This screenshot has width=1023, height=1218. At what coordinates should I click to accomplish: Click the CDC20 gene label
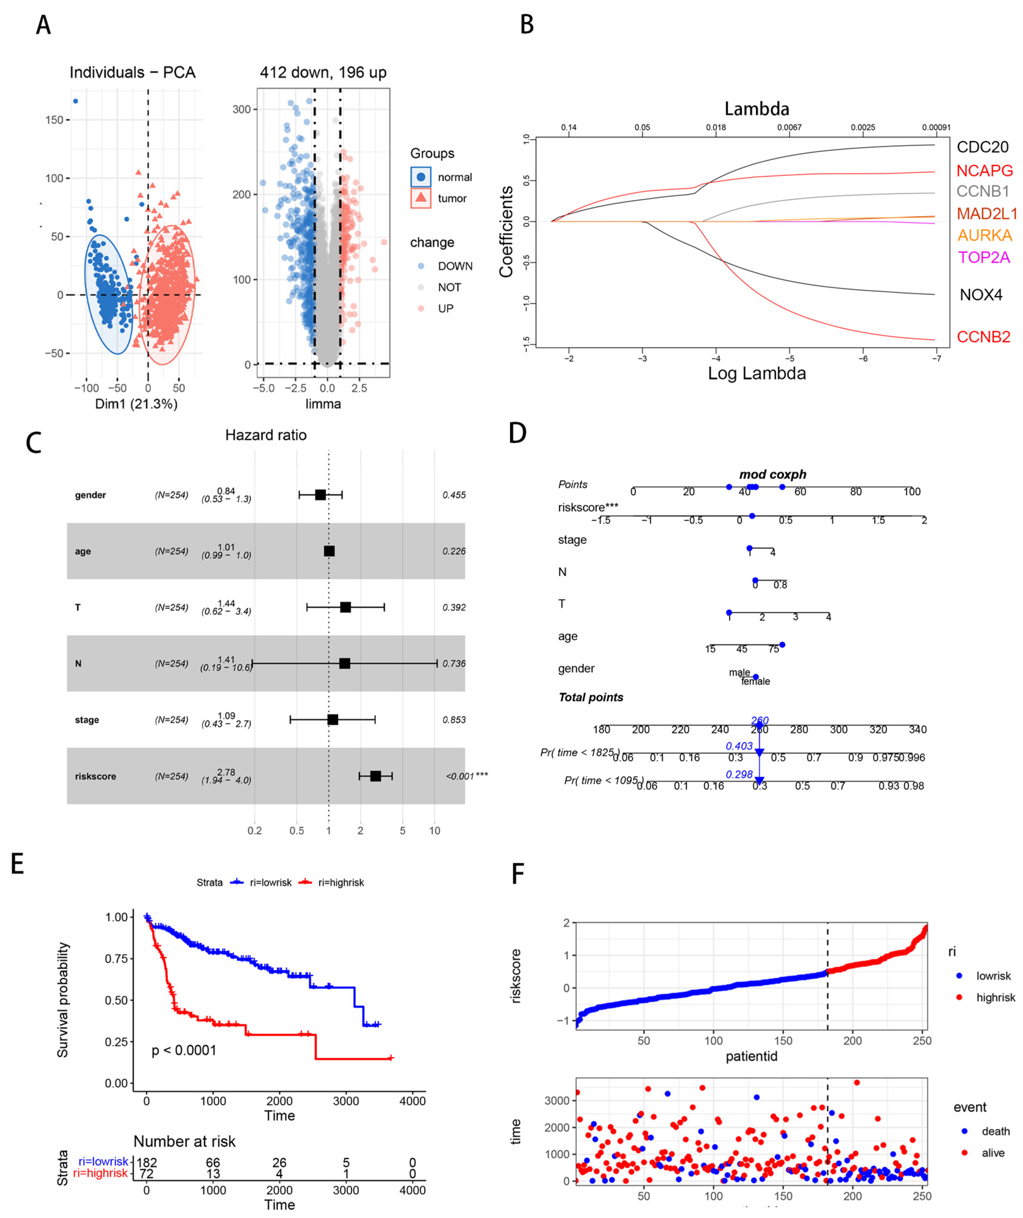tap(982, 147)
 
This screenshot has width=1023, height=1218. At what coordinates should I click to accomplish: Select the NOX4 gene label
tap(981, 295)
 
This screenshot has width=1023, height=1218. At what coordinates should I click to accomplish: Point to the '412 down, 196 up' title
tap(323, 73)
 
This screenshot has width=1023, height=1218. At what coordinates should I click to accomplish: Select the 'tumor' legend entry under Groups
tap(452, 198)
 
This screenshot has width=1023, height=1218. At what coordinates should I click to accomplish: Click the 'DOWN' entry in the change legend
tap(455, 266)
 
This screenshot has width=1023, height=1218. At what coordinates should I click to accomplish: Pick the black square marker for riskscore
tap(376, 776)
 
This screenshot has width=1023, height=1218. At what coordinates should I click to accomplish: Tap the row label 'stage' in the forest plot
tap(87, 720)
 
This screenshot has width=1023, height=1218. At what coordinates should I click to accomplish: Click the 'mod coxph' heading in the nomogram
tap(772, 474)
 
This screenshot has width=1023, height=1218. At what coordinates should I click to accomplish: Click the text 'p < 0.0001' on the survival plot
tap(184, 1050)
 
